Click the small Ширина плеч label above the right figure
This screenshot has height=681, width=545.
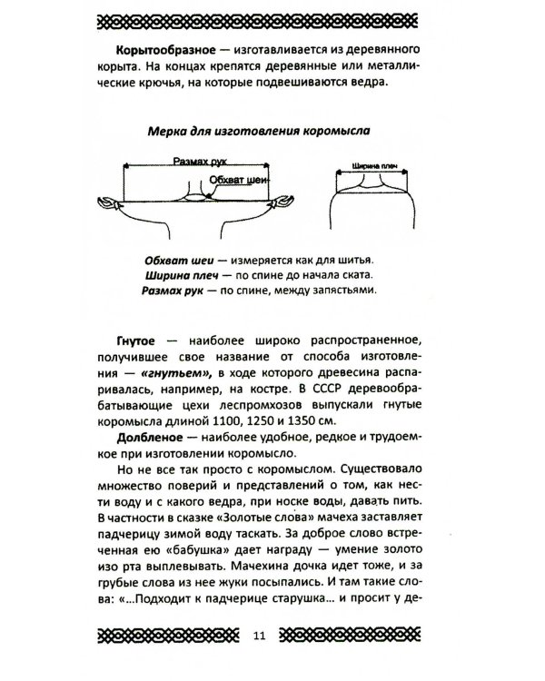click(x=370, y=168)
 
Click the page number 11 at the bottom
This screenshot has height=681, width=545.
click(x=272, y=635)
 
